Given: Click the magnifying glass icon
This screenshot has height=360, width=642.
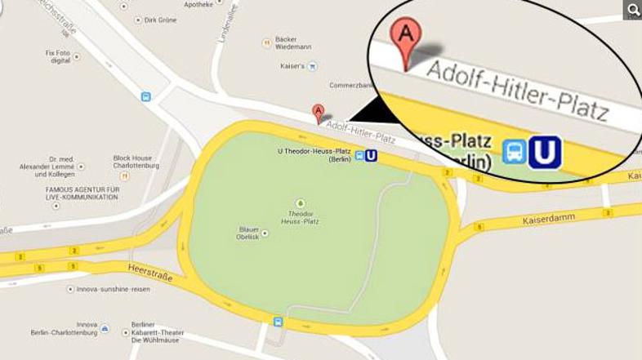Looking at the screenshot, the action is coord(632,10).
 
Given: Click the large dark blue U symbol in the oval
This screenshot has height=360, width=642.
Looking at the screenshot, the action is coord(545,152).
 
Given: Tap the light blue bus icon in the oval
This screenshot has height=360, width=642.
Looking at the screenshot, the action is coord(514,152).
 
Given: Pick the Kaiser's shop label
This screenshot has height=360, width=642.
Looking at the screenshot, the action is coord(292,65).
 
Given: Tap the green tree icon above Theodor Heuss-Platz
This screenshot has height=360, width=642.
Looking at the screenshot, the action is coord(301,202).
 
